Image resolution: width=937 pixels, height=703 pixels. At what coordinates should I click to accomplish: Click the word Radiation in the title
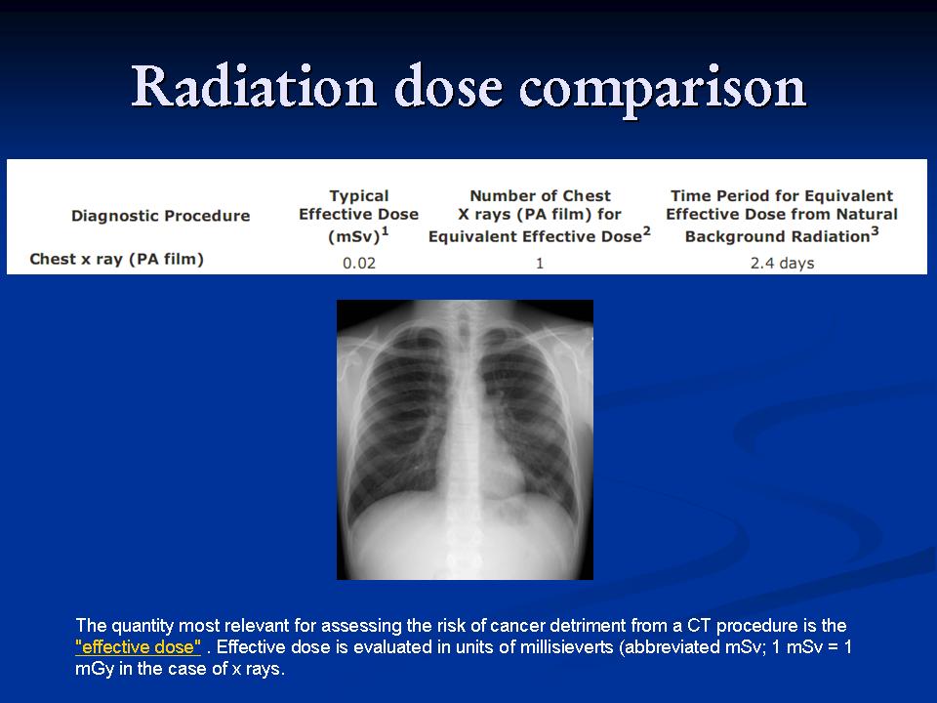tap(254, 87)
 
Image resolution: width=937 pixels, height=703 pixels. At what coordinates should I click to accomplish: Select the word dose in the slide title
tap(448, 87)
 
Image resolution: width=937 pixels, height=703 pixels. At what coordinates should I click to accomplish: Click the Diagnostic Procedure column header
tap(161, 215)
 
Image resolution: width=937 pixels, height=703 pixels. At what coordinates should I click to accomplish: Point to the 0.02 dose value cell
tap(359, 263)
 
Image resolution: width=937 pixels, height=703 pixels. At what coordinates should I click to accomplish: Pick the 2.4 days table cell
tap(782, 263)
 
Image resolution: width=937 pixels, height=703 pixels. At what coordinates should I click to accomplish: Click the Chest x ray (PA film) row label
tap(116, 259)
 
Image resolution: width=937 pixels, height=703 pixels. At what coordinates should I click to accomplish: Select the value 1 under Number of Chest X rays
tap(540, 263)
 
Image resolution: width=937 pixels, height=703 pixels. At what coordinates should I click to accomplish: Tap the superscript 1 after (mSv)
tap(386, 230)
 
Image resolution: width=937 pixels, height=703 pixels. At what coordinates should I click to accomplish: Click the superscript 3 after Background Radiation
tap(875, 230)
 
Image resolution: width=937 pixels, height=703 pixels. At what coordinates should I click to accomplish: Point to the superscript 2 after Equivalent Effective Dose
tap(646, 230)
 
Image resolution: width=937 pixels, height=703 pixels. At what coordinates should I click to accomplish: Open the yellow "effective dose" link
tap(138, 646)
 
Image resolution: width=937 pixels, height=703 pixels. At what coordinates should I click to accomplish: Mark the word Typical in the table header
tap(359, 196)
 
